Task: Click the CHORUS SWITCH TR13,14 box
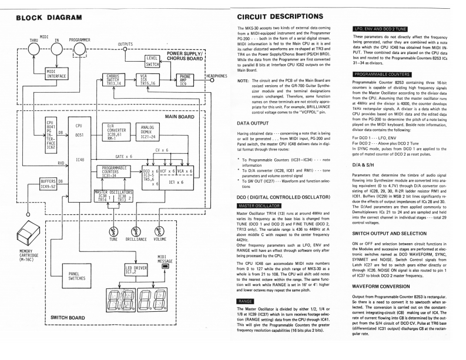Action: coord(113,78)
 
